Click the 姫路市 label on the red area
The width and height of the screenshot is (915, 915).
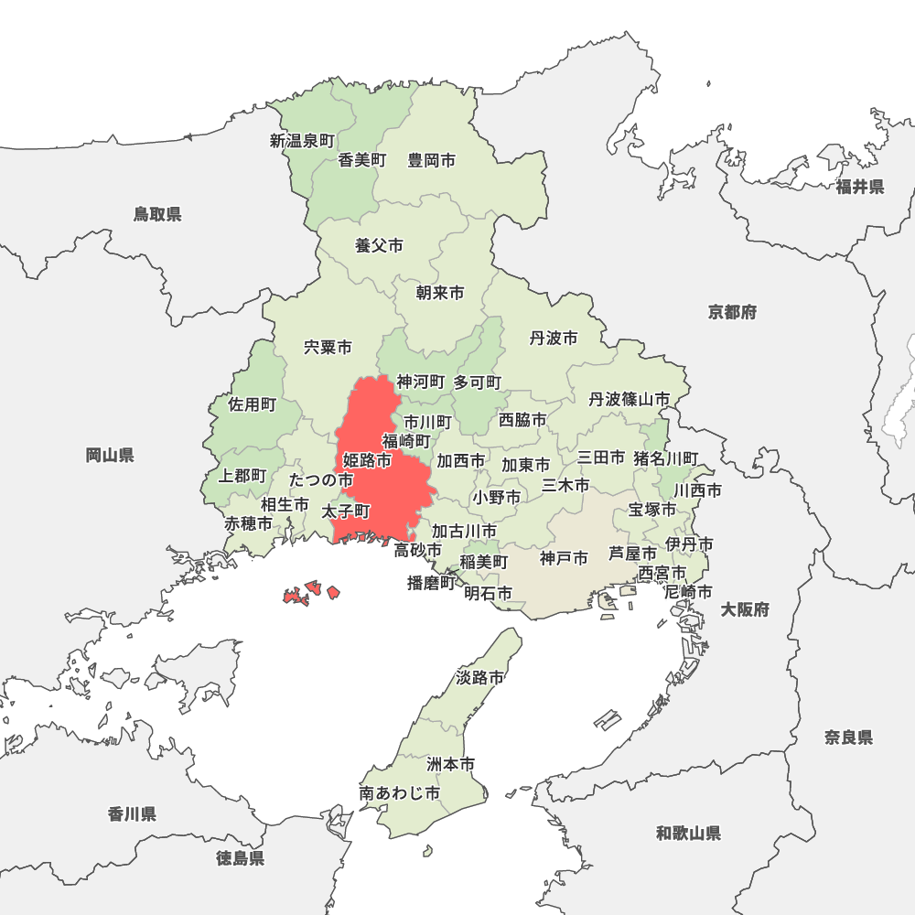coord(367,459)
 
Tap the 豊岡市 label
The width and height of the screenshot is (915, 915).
coord(432,160)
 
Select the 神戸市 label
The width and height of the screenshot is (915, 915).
coord(564,557)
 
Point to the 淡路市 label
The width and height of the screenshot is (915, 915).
coord(479,678)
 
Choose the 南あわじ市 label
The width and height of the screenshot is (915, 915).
coord(400,793)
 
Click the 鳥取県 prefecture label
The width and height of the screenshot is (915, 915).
coord(157,214)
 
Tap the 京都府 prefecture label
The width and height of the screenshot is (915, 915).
coord(732,312)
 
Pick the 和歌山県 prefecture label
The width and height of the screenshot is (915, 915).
coord(688,833)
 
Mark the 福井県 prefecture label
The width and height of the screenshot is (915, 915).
coord(859,187)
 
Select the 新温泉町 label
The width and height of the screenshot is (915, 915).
coord(302,141)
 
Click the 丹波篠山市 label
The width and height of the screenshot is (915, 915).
coord(629,399)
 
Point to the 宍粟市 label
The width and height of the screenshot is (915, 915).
coord(328,348)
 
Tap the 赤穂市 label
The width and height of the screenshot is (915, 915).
coord(249,524)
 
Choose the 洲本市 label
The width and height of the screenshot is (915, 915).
coord(451,763)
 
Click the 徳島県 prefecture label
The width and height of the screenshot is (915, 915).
coord(241,858)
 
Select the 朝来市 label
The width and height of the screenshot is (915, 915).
coord(439,293)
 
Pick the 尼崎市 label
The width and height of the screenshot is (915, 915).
coord(688,592)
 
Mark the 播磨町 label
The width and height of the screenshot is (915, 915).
coord(431,583)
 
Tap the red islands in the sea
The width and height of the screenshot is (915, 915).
coord(312,593)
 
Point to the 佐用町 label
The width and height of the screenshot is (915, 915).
coord(252,404)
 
